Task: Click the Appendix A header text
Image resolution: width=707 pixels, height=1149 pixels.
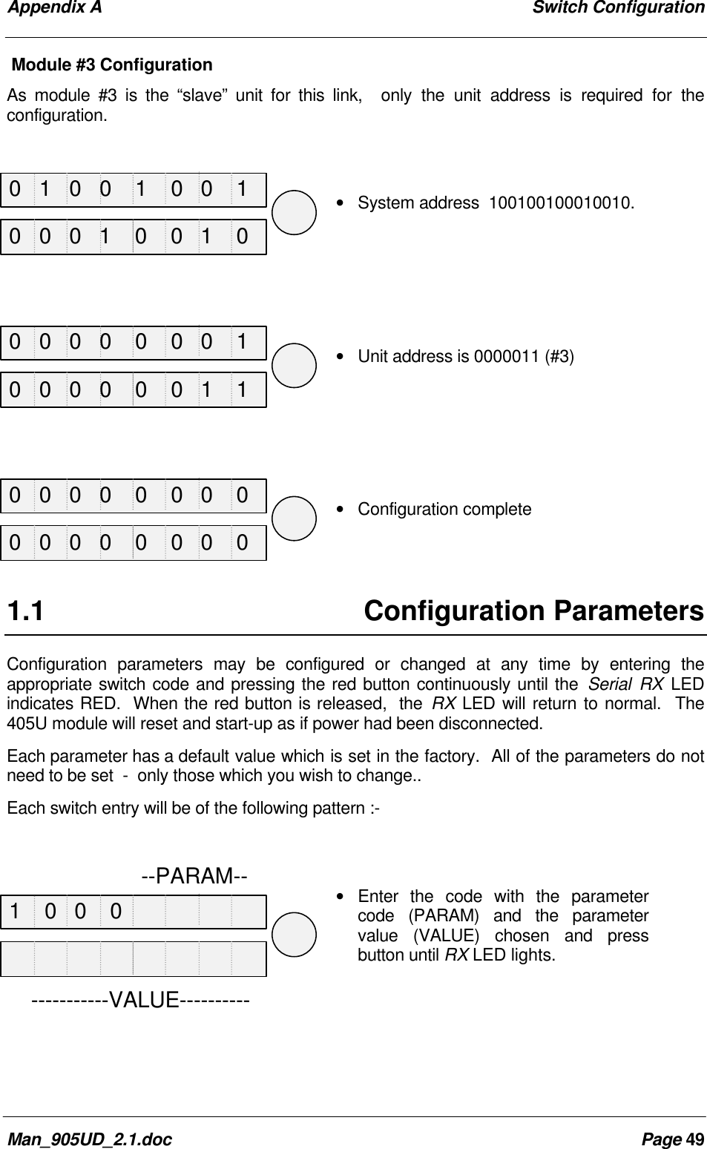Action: click(x=53, y=8)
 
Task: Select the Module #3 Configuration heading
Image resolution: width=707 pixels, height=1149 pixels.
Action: click(x=112, y=65)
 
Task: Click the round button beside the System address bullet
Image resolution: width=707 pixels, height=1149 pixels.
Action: click(x=295, y=213)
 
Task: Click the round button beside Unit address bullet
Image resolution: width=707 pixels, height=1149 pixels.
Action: click(x=295, y=366)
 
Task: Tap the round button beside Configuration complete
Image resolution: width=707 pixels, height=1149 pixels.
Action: click(x=295, y=518)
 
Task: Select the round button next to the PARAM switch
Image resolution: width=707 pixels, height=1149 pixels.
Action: click(x=295, y=935)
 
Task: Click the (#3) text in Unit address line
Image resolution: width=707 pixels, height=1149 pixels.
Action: click(x=559, y=357)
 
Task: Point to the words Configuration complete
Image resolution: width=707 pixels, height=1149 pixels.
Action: click(x=444, y=510)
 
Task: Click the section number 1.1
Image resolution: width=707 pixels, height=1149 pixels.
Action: click(x=25, y=612)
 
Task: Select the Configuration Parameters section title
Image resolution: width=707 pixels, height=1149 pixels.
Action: click(x=533, y=611)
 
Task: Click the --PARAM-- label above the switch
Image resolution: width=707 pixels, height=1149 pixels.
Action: click(x=194, y=876)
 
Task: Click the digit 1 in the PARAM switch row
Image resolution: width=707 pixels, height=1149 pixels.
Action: click(x=16, y=911)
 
